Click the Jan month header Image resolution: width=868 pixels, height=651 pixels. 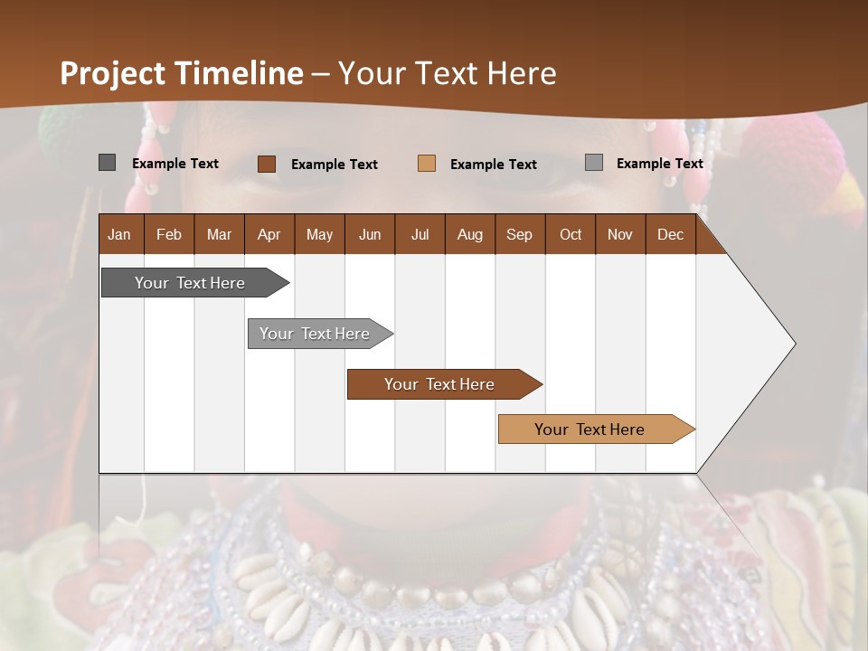click(x=119, y=234)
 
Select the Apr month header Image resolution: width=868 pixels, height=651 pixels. click(x=269, y=234)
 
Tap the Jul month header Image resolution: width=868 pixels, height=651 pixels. click(x=420, y=234)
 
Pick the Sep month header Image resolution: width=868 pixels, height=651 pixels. click(x=519, y=234)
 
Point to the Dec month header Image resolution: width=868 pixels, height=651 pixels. click(x=670, y=234)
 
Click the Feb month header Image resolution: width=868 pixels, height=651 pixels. click(x=169, y=234)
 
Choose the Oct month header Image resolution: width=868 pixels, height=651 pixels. click(x=571, y=234)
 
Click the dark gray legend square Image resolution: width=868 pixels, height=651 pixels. click(x=107, y=163)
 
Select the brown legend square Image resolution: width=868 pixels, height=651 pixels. click(x=267, y=164)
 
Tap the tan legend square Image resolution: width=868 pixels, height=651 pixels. click(x=427, y=164)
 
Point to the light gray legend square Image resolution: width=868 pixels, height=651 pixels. click(x=593, y=163)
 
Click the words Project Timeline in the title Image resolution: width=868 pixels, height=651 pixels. click(x=182, y=73)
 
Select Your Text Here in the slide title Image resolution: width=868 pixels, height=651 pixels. click(x=448, y=73)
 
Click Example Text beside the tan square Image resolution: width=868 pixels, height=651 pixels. click(x=493, y=165)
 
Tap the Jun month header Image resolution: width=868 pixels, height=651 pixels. click(x=370, y=234)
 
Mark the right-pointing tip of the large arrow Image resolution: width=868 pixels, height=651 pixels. click(x=794, y=343)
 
